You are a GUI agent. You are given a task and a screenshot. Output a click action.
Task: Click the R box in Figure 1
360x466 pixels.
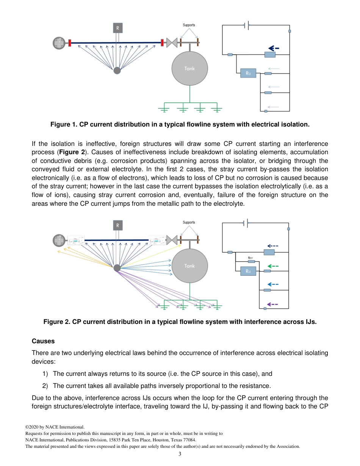tap(117, 28)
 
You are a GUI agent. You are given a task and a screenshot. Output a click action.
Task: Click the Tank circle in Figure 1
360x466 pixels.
tap(189, 69)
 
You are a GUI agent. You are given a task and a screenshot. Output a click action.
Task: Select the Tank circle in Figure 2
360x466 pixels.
tap(189, 266)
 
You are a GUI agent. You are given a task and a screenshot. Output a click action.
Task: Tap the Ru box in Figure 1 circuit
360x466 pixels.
tap(248, 73)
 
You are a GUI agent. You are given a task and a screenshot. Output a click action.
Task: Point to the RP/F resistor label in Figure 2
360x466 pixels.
tap(250, 258)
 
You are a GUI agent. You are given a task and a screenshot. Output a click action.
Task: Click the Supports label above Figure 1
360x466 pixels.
tap(189, 25)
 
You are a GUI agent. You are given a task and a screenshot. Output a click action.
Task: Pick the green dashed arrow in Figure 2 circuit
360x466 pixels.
tap(273, 266)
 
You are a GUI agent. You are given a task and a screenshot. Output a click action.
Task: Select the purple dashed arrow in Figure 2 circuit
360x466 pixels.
tap(272, 304)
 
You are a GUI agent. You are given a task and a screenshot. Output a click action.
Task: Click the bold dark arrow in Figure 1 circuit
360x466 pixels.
tap(274, 48)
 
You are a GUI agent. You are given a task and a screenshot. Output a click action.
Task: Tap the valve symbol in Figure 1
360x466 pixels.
tap(172, 43)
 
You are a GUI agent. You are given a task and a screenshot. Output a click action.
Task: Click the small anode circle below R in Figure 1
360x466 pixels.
tap(117, 70)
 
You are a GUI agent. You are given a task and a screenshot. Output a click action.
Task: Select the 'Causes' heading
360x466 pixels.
tap(43, 341)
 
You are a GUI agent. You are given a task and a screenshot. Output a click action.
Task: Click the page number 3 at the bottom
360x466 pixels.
tap(180, 454)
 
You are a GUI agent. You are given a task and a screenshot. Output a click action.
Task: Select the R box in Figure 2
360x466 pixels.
tap(117, 225)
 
